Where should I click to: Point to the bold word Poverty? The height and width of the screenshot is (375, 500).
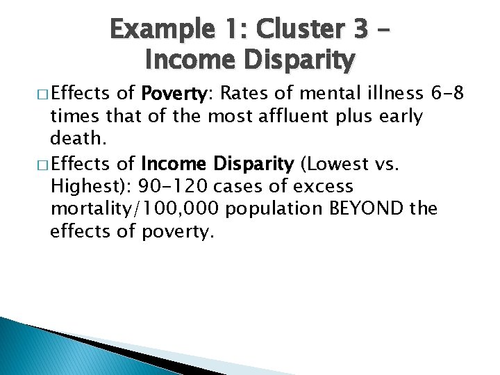pos(172,94)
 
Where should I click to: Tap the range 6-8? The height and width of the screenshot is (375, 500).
pos(447,94)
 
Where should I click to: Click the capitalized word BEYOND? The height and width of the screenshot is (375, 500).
pos(364,209)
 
